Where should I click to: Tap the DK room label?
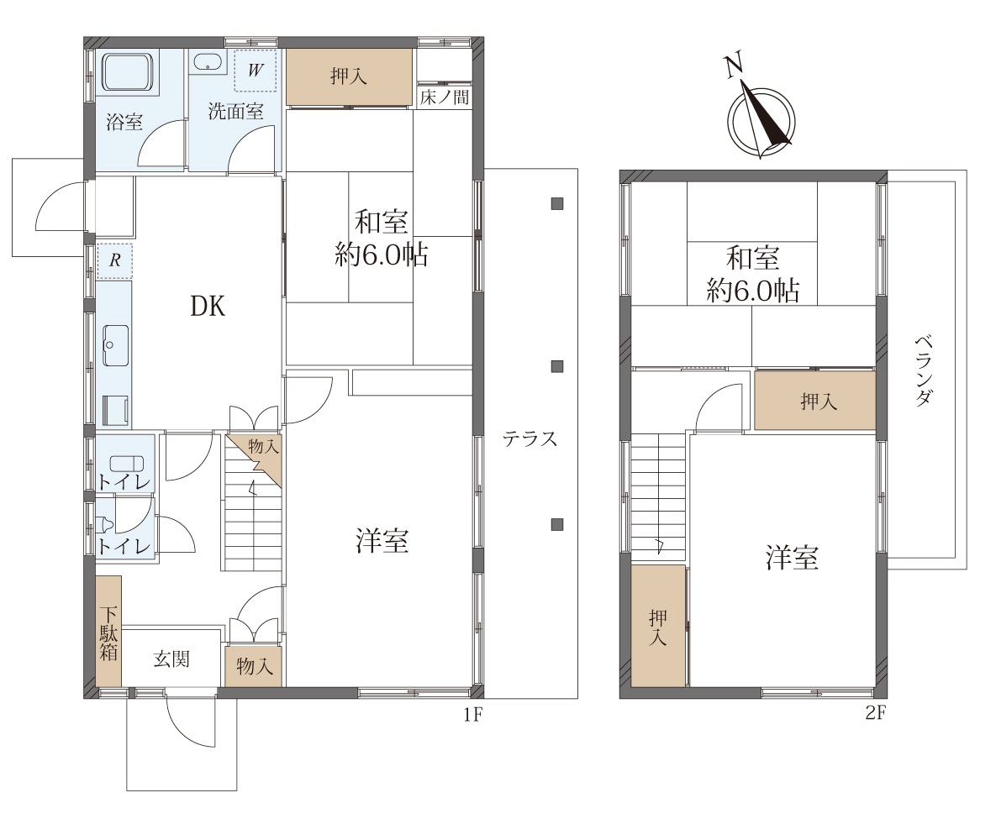(x=208, y=307)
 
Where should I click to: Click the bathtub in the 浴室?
(x=129, y=73)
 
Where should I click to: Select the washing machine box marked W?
(x=255, y=70)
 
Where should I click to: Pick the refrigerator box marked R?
(x=114, y=261)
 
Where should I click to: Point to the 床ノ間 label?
(x=445, y=97)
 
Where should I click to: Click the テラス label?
(x=530, y=438)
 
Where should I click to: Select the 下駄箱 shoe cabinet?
(x=108, y=631)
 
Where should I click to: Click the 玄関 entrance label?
(x=171, y=659)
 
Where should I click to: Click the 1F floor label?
(x=472, y=715)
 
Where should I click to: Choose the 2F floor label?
(x=875, y=713)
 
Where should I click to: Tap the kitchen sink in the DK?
(x=116, y=345)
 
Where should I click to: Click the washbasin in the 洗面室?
(x=207, y=63)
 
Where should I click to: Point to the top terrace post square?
(x=557, y=204)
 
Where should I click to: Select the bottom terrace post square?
(x=557, y=524)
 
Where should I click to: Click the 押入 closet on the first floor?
(x=350, y=76)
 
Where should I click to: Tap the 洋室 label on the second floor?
(x=792, y=558)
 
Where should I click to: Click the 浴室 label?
(x=124, y=122)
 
